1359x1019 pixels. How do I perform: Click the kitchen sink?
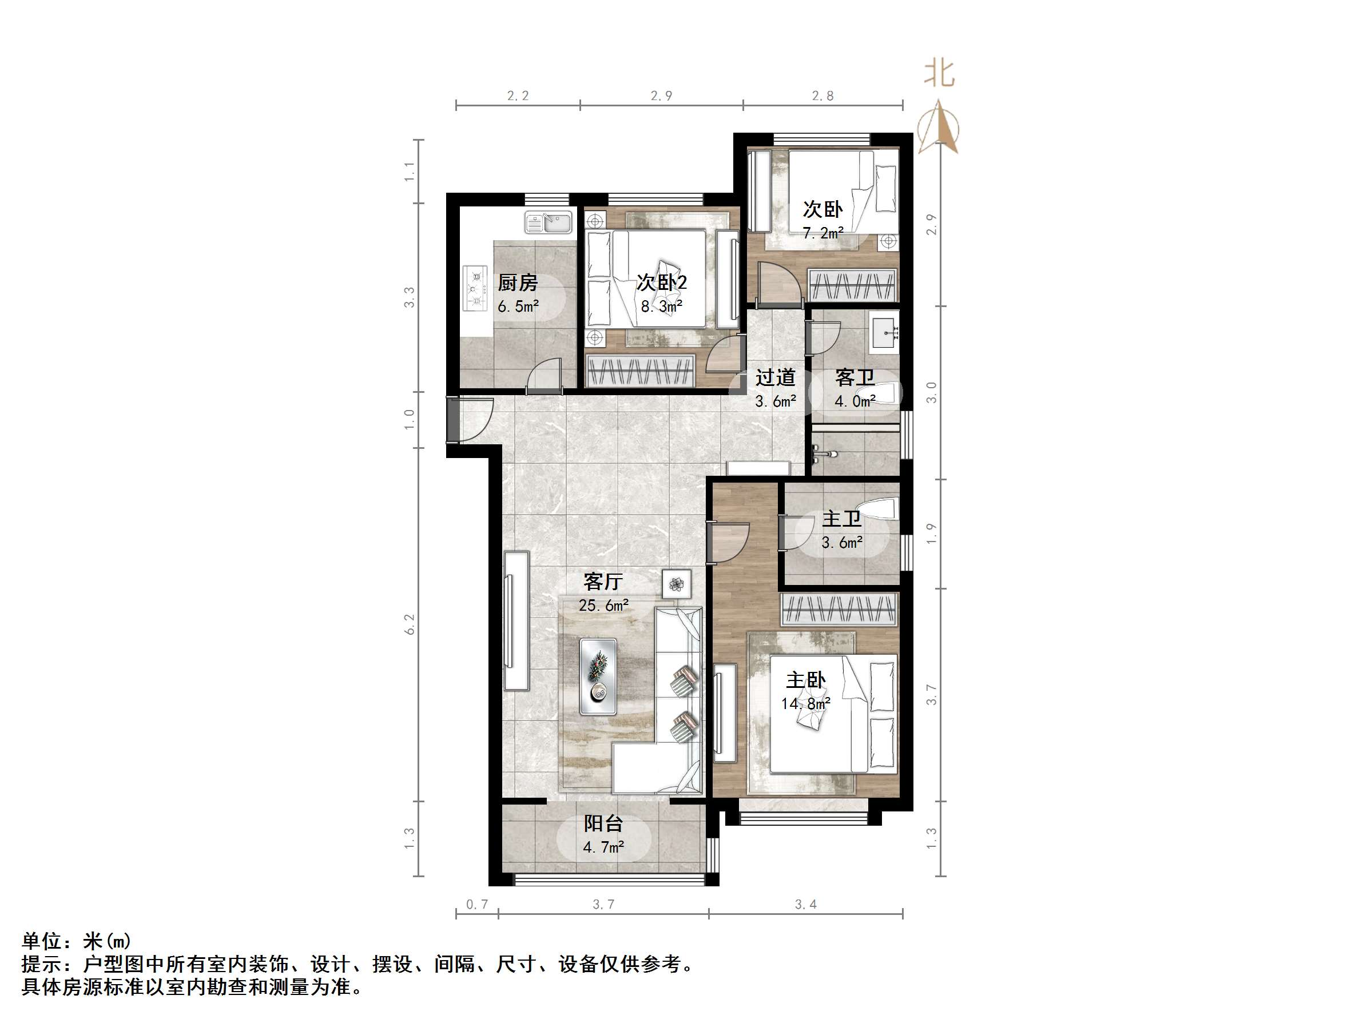click(x=548, y=222)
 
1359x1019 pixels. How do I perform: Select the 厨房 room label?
click(x=517, y=283)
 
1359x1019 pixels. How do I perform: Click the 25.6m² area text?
click(x=603, y=606)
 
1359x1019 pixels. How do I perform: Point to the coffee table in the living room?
click(x=598, y=676)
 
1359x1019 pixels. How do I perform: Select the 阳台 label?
click(x=603, y=823)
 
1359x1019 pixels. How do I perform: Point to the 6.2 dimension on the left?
click(x=410, y=624)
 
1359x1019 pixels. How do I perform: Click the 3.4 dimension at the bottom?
click(x=805, y=904)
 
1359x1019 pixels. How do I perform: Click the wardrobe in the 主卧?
click(x=840, y=610)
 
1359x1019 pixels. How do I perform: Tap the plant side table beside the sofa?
click(x=677, y=583)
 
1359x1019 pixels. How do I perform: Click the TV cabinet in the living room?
click(x=516, y=621)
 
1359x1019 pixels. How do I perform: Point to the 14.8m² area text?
click(x=805, y=703)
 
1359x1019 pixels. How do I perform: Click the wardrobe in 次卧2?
click(x=639, y=371)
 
